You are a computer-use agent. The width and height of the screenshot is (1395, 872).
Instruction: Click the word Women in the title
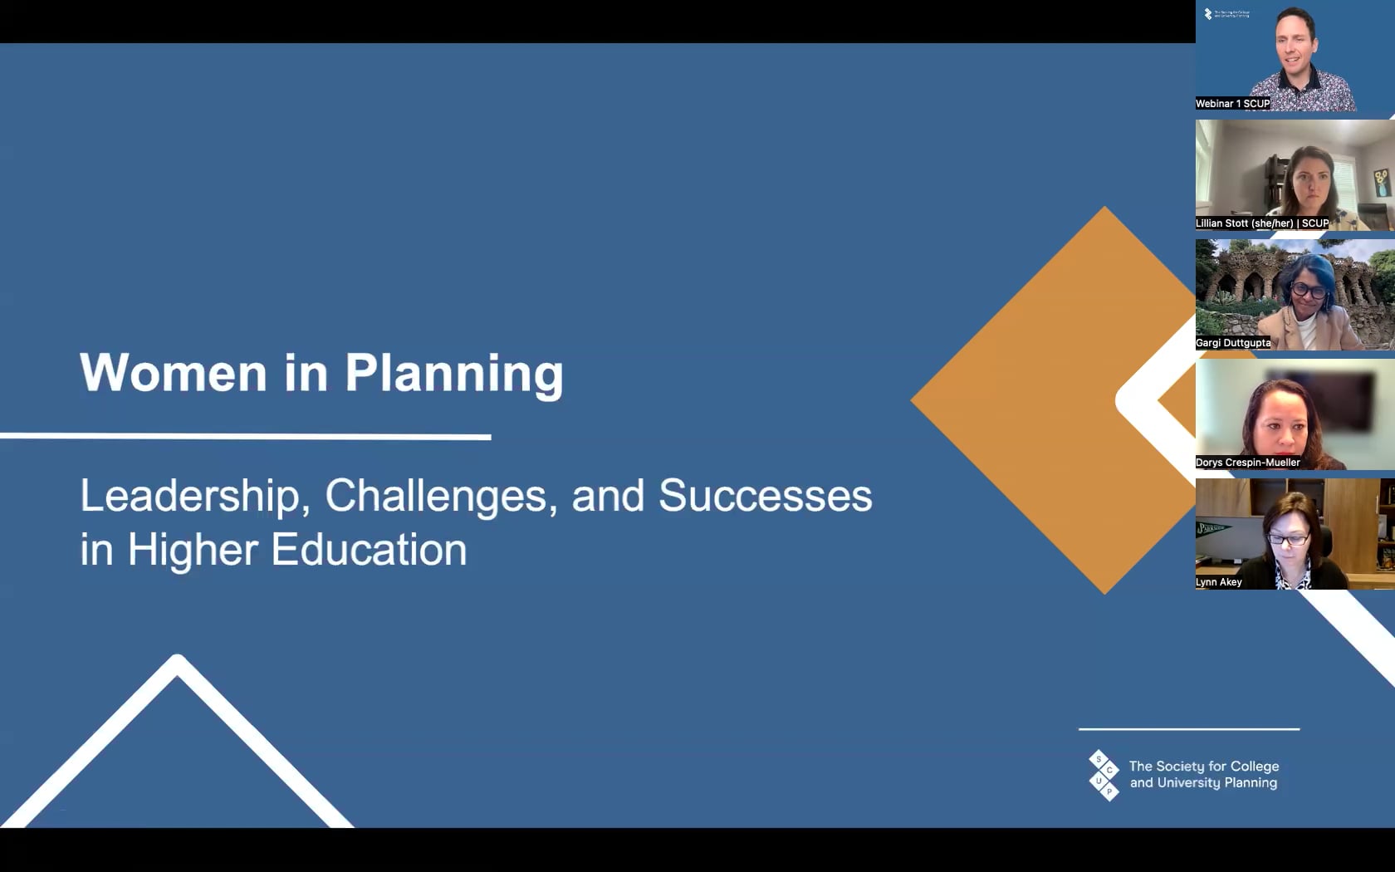point(174,372)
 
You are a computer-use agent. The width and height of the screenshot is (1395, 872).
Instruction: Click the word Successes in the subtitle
point(766,496)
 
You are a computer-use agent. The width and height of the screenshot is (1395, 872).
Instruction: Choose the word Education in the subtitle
point(369,550)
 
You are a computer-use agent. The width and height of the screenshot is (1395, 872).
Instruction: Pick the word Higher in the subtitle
point(193,551)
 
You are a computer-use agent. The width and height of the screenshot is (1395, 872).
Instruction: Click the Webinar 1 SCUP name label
point(1232,103)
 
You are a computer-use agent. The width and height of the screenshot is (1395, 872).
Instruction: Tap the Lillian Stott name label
point(1262,223)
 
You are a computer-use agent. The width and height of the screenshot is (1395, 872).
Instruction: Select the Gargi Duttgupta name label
point(1233,342)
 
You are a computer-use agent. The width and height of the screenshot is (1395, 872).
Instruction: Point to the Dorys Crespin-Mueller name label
point(1247,462)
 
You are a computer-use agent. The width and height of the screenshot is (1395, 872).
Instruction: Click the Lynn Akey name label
point(1219,581)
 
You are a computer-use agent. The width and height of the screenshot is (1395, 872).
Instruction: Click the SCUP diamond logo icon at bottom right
point(1104,775)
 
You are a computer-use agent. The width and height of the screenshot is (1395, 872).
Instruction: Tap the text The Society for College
point(1204,766)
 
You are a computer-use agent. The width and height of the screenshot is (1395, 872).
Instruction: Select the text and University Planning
point(1203,783)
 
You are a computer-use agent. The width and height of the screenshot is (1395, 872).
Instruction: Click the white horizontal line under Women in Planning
point(246,437)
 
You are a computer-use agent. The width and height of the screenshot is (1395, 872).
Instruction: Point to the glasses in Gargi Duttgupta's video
point(1309,290)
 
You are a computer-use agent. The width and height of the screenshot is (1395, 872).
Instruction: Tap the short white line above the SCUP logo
point(1189,729)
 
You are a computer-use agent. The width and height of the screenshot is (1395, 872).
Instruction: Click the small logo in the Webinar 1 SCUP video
point(1226,13)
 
